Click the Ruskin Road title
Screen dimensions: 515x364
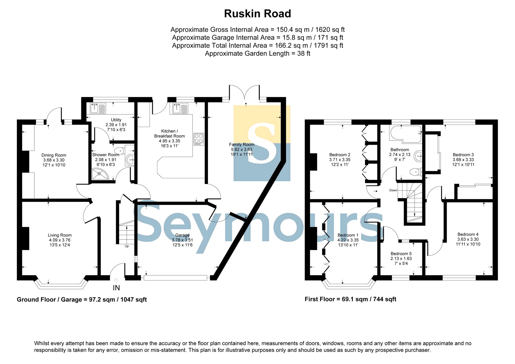point(257,13)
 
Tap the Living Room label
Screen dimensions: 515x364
point(60,235)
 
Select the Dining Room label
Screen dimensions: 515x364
point(54,155)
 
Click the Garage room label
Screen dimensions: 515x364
point(182,235)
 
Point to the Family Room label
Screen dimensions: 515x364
point(241,145)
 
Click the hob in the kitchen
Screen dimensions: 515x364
point(199,139)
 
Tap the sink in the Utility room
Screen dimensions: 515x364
point(98,108)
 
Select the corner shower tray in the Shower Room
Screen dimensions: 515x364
point(100,174)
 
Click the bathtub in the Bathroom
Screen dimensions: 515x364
point(405,134)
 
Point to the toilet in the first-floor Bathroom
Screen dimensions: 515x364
point(415,172)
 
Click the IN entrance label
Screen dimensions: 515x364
point(116,288)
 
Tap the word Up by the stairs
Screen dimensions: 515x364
point(127,246)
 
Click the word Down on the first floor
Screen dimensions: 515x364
point(393,190)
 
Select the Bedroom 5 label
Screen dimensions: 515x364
point(401,254)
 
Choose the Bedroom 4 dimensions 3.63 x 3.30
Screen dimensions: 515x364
point(468,239)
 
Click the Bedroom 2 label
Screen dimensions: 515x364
point(340,155)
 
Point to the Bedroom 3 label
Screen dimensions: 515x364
point(463,155)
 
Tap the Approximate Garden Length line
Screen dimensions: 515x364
point(257,54)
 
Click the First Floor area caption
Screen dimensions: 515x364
point(350,299)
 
